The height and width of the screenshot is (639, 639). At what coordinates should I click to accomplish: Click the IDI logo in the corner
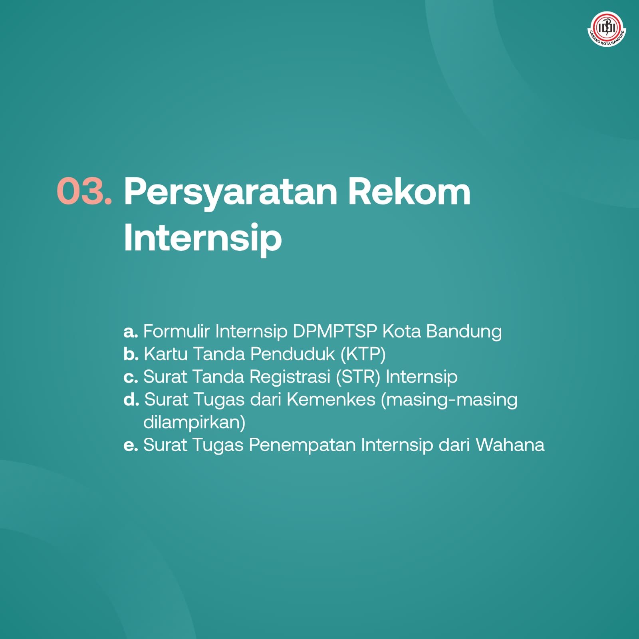click(607, 29)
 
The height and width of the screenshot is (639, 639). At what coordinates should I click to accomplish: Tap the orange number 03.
click(84, 191)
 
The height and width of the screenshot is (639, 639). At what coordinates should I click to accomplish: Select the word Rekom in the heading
click(409, 191)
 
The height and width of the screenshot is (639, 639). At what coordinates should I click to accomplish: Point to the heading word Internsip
click(203, 238)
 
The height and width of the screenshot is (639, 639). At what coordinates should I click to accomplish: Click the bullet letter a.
click(131, 331)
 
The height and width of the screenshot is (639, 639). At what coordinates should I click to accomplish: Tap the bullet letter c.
click(131, 377)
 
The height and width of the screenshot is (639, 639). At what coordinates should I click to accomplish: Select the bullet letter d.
click(131, 399)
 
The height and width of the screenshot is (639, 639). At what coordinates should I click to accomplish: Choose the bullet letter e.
click(131, 445)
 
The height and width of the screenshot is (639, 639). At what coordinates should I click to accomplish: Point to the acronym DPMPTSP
click(335, 331)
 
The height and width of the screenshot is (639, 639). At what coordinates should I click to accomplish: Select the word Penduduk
click(292, 354)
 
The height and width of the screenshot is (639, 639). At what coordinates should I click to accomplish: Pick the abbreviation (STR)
click(358, 377)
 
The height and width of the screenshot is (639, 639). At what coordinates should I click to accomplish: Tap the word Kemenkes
click(331, 399)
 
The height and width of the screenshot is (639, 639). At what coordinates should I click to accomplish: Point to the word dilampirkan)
click(194, 423)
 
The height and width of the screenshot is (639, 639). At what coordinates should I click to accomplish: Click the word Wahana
click(510, 445)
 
